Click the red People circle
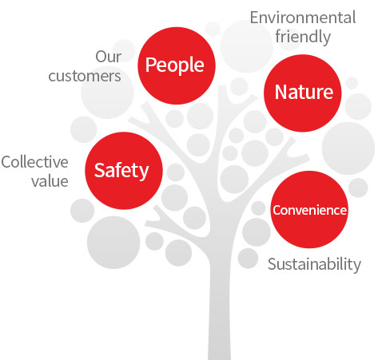[177, 65]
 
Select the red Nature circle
[303, 93]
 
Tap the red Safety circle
[124, 171]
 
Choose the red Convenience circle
[309, 209]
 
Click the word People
[175, 65]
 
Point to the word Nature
[304, 92]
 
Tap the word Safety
[121, 171]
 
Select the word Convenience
[309, 210]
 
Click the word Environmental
[303, 18]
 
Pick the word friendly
[303, 37]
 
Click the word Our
[109, 57]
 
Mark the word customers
[85, 76]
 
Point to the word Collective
[35, 162]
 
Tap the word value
[50, 181]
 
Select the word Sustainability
[314, 264]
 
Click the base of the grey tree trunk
[219, 358]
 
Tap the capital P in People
[150, 65]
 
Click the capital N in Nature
[281, 92]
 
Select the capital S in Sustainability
[273, 264]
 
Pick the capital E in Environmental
[255, 18]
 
